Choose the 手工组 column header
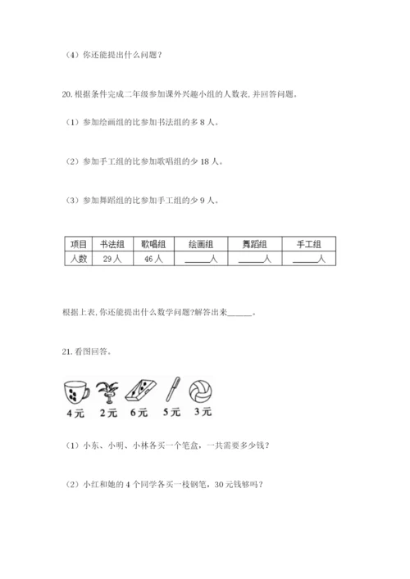click(308, 244)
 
